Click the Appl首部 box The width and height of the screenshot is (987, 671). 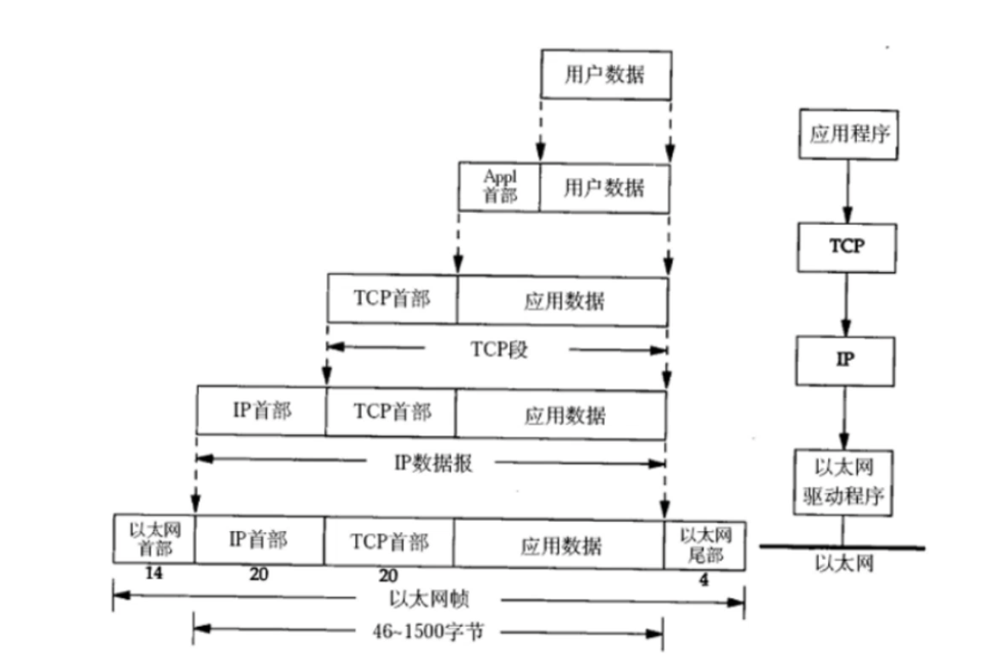(499, 186)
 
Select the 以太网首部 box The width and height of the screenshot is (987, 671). (154, 539)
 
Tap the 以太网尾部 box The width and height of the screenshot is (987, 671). (704, 545)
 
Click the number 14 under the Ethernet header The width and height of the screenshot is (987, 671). (154, 574)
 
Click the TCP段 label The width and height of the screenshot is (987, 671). (498, 349)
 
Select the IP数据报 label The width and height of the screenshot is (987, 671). (433, 463)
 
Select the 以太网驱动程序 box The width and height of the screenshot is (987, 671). (843, 484)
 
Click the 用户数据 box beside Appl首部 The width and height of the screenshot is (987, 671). (605, 186)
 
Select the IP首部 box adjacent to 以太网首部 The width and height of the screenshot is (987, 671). (259, 541)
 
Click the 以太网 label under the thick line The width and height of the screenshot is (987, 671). (843, 564)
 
